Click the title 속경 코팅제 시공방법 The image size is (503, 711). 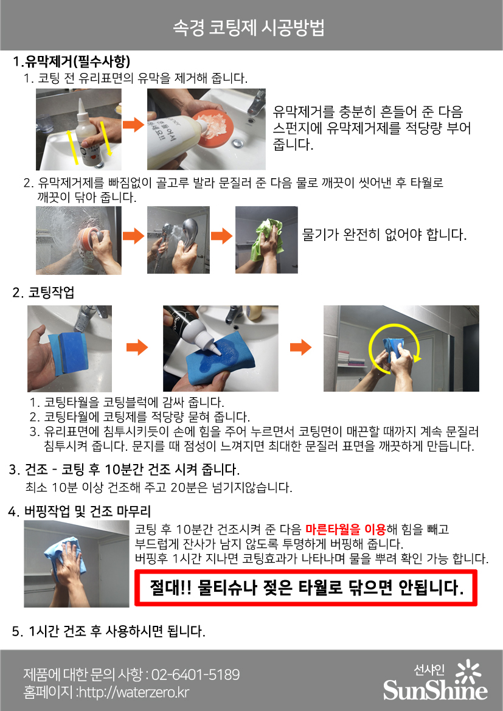coord(249,27)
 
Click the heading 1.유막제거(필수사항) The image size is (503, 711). coord(71,61)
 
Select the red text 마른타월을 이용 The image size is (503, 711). coord(345,529)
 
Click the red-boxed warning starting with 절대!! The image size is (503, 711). coord(306,588)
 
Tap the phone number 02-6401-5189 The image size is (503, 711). coord(195,675)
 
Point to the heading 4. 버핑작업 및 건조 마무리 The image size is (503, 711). coord(80,512)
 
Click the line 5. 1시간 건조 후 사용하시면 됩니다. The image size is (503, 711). coord(109,631)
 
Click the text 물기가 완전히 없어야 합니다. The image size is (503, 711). coord(384,234)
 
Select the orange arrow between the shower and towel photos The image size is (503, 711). coord(222,236)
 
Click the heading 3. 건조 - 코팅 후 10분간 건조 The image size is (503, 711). coord(124,469)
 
